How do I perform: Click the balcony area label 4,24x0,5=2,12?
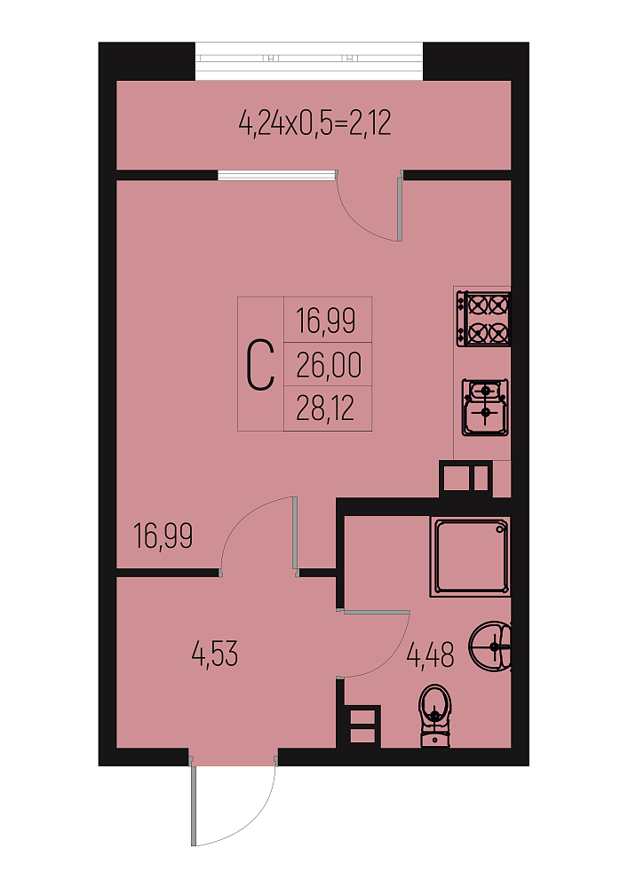pos(314,123)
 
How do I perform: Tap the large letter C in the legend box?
pos(260,365)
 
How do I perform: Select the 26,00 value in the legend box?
pos(329,365)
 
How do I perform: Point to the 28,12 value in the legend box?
pos(326,408)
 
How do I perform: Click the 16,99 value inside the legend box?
pos(326,321)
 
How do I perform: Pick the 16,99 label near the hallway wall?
pos(163,535)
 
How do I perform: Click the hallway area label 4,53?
pos(215,654)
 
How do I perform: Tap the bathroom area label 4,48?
pos(431,655)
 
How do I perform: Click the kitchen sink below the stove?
pos(485,408)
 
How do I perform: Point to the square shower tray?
pos(470,557)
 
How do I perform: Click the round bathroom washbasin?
pos(491,646)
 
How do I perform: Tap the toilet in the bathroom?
pos(435,715)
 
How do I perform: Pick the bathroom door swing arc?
pos(392,656)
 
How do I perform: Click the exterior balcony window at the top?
pos(309,61)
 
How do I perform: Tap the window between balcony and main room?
pos(277,175)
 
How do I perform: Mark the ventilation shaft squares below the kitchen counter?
pos(465,478)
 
